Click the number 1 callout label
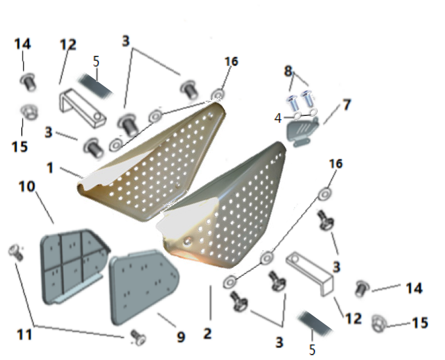click(50, 168)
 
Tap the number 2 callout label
click(208, 333)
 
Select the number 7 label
click(347, 104)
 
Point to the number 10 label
click(27, 186)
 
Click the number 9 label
click(181, 337)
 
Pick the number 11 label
click(24, 335)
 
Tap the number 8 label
click(288, 71)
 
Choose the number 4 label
click(278, 118)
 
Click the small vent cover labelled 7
click(302, 132)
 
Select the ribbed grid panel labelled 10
click(74, 266)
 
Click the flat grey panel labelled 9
click(143, 287)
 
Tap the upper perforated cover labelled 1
click(152, 161)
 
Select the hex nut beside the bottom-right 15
click(379, 323)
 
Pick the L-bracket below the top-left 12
click(83, 108)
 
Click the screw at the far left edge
click(16, 253)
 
